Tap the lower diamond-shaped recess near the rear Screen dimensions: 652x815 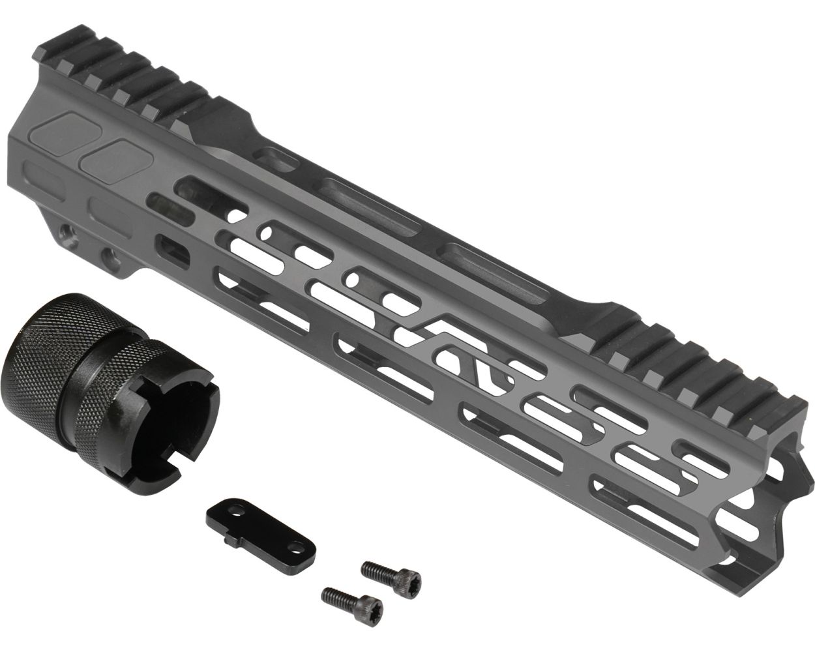coord(112,156)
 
